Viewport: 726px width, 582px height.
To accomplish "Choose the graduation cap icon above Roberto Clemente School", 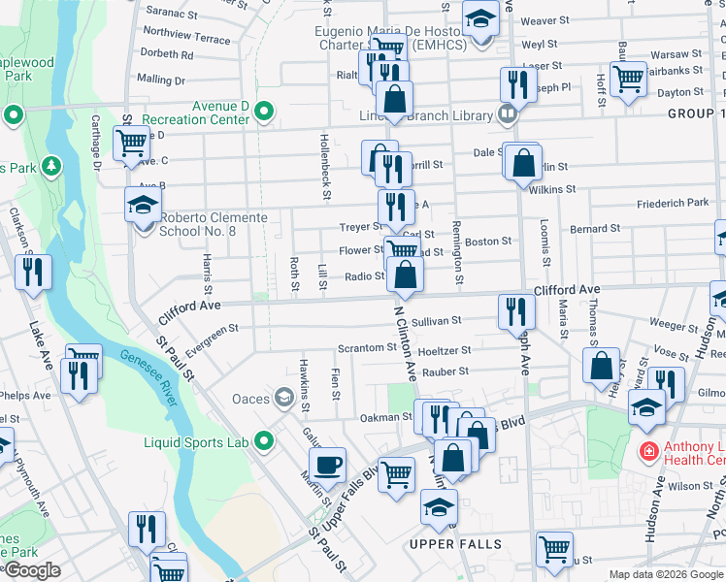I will [x=143, y=206].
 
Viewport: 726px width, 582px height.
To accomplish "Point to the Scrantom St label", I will [x=362, y=348].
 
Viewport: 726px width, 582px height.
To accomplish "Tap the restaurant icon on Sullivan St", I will [x=515, y=311].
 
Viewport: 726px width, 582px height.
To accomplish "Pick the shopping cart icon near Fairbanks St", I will [x=628, y=79].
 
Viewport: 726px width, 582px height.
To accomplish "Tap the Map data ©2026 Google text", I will [x=666, y=574].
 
